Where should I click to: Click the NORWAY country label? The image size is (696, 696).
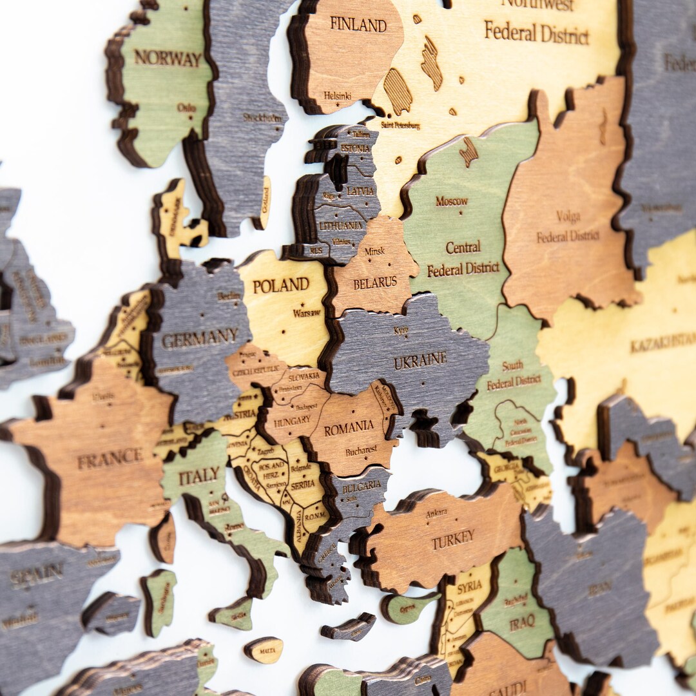168,59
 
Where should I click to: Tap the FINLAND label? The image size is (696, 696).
358,24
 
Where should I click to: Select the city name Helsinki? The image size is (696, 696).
337,95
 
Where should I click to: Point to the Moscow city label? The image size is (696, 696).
452,201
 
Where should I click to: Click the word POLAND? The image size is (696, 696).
280,285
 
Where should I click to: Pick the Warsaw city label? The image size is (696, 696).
306,313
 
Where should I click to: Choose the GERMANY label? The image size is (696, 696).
200,338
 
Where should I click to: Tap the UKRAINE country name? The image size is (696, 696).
420,360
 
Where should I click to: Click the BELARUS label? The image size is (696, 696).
374,282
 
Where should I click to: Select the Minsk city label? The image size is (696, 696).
374,251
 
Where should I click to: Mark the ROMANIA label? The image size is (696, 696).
349,427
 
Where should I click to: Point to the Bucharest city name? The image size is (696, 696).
361,451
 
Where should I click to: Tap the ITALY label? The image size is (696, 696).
198,476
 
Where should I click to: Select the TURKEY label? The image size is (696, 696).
453,539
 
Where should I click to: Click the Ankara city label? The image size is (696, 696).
436,514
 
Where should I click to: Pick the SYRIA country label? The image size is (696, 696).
469,588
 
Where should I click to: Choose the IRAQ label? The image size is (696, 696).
521,623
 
